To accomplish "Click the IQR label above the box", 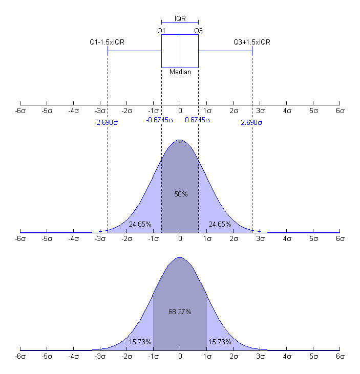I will click(180, 18).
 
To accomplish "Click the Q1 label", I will click(161, 31).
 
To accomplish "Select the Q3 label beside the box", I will click(198, 31).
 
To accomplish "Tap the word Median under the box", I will click(180, 72).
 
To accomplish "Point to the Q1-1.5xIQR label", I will click(108, 42).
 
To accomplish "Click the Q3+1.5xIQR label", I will click(252, 42).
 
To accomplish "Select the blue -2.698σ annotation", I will click(107, 123).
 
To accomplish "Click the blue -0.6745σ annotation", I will click(160, 120).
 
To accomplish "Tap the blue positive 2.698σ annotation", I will click(252, 123).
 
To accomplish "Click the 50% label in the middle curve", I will click(181, 194).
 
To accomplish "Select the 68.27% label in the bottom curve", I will click(180, 312).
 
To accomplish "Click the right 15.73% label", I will click(219, 342).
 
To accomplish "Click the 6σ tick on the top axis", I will click(339, 110).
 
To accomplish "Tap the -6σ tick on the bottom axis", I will click(20, 356).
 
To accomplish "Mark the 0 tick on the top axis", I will click(180, 110).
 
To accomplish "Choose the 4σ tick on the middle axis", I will click(286, 238).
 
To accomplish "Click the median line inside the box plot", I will click(180, 51).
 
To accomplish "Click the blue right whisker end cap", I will click(252, 51).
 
